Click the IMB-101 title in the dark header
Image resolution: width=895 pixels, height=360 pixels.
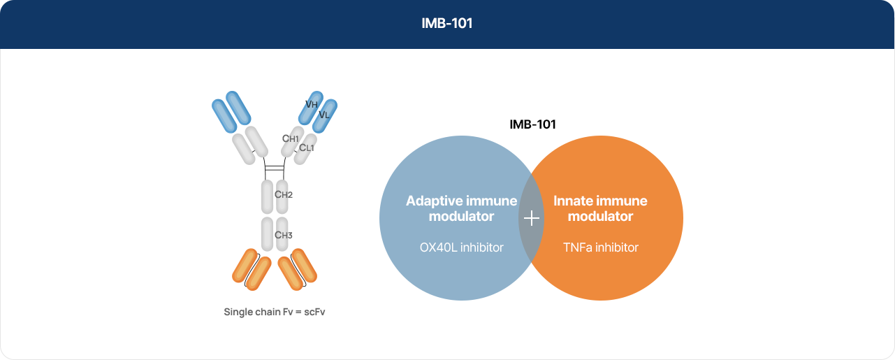pyautogui.click(x=447, y=23)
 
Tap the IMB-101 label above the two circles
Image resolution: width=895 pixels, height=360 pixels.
pyautogui.click(x=532, y=124)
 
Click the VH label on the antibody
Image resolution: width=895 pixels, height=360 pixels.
pyautogui.click(x=312, y=104)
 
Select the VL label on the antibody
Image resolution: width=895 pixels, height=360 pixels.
pyautogui.click(x=324, y=115)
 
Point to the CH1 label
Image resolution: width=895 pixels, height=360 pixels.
pyautogui.click(x=291, y=138)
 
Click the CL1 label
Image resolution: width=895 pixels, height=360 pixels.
pyautogui.click(x=307, y=147)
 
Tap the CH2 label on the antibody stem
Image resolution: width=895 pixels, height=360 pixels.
pyautogui.click(x=283, y=194)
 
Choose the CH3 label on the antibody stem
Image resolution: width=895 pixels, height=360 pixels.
pyautogui.click(x=283, y=235)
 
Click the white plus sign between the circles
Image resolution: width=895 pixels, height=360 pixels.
pyautogui.click(x=532, y=218)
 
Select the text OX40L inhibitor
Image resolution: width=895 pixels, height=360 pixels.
pyautogui.click(x=462, y=247)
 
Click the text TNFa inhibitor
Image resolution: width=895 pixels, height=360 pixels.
pyautogui.click(x=601, y=247)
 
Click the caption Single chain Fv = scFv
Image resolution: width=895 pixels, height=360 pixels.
pyautogui.click(x=275, y=312)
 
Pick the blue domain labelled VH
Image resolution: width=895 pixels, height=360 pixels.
pyautogui.click(x=311, y=108)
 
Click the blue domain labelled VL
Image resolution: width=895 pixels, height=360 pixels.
pyautogui.click(x=324, y=116)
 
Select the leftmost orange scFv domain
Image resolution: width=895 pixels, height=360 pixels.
pyautogui.click(x=245, y=266)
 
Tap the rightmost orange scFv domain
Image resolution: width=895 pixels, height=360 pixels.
pyautogui.click(x=304, y=266)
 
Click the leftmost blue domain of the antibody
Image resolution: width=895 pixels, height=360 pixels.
pyautogui.click(x=224, y=116)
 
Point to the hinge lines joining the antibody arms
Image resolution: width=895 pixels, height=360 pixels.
pyautogui.click(x=275, y=168)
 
